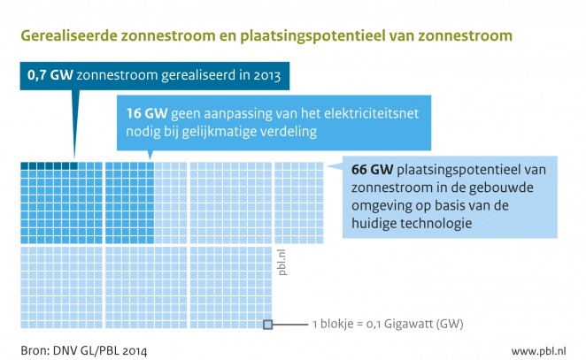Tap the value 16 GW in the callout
coord(141,114)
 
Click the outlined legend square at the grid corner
coord(267,325)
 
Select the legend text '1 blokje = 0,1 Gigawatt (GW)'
coord(389,325)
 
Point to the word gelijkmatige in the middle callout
coord(231,133)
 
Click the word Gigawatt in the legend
coord(425,325)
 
